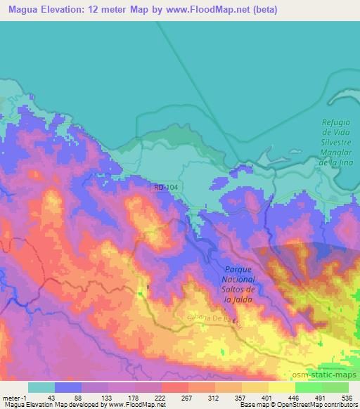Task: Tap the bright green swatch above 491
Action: [309, 387]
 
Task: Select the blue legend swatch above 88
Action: [68, 387]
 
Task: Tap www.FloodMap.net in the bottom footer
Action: [137, 405]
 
